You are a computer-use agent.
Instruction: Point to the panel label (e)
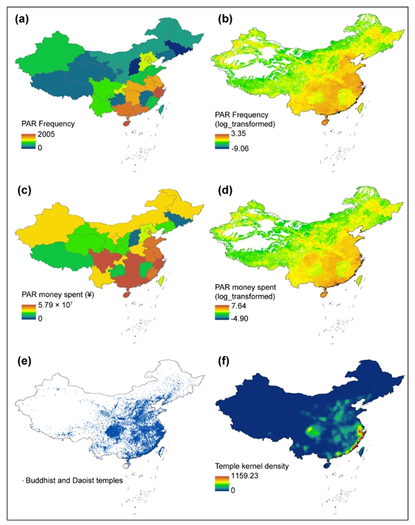[x=25, y=358]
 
